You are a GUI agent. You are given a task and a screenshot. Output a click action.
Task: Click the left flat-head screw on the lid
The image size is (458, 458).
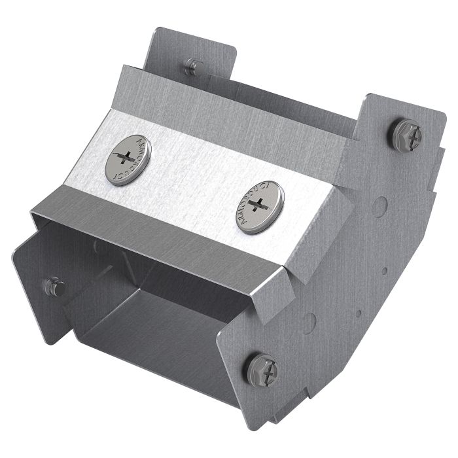click(x=128, y=160)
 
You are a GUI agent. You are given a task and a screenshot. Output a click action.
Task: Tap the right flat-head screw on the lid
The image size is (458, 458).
click(x=259, y=206)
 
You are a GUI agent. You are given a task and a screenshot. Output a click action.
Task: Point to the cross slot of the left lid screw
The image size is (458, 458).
click(x=128, y=159)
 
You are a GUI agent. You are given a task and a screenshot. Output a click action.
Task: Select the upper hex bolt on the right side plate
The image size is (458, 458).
click(x=404, y=135)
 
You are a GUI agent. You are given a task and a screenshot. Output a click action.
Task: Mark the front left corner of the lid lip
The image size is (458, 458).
click(x=33, y=213)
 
